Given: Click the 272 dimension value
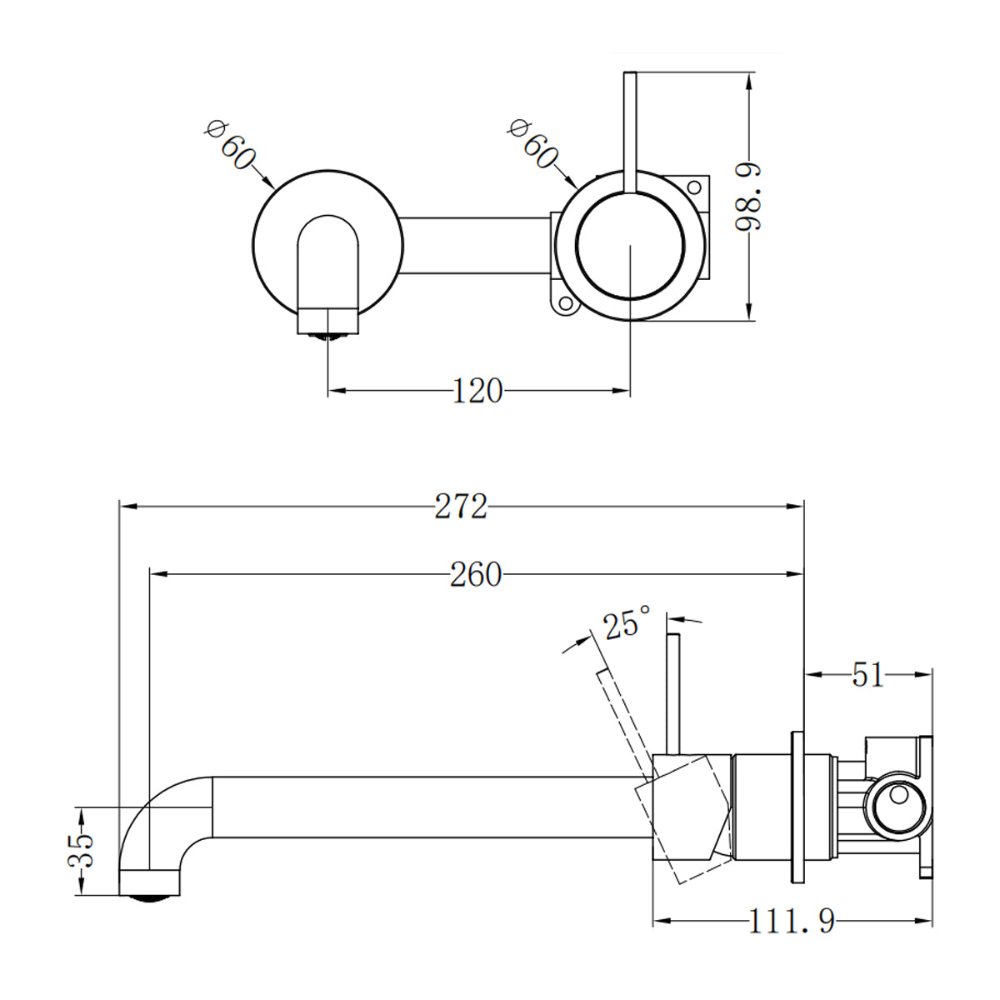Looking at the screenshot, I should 460,506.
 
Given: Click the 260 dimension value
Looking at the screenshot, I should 476,574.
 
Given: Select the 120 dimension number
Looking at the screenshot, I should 477,390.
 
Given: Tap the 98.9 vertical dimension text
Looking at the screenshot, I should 749,196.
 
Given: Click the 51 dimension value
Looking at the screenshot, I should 867,674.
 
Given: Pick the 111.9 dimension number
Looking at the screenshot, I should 791,922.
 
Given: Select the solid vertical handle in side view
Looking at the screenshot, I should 674,692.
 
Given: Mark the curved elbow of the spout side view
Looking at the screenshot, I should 158,808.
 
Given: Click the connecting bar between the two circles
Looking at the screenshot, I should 475,245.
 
